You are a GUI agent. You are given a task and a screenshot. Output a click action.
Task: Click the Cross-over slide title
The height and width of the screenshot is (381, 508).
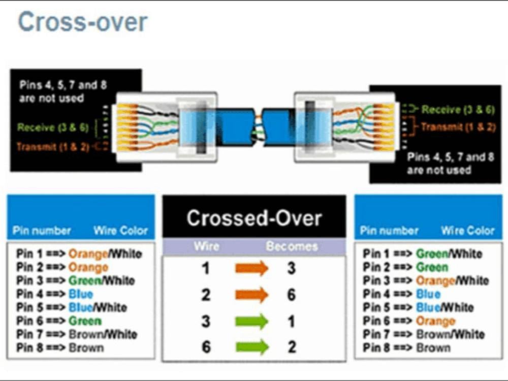pos(82,22)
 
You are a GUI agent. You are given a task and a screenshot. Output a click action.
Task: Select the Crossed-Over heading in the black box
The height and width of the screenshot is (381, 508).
pos(254,218)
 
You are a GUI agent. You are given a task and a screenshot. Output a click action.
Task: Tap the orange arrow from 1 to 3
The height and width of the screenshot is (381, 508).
pos(251,268)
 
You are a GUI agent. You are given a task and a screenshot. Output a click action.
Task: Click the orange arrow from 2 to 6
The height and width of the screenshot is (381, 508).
pos(251,295)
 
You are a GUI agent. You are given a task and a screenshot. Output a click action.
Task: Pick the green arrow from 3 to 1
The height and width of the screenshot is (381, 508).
pos(251,321)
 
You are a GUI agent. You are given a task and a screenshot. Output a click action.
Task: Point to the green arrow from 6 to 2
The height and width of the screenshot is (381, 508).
pos(251,347)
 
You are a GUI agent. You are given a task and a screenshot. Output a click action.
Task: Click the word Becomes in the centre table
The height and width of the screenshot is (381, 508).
pos(292,247)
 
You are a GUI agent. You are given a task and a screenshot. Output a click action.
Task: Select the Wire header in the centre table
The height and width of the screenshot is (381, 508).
pos(206,247)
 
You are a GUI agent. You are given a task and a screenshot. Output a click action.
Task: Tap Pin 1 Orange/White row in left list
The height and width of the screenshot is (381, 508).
pos(79,253)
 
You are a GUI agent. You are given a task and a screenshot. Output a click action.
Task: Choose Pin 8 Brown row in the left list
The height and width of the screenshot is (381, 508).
pos(59,348)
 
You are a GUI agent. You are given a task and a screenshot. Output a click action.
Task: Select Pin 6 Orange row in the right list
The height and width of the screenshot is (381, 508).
pos(408,321)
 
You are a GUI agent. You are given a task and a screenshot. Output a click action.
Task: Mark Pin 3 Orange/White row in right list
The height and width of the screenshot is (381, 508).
pos(426,280)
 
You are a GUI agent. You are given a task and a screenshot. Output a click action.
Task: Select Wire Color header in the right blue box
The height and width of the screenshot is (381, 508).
pos(467,231)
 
